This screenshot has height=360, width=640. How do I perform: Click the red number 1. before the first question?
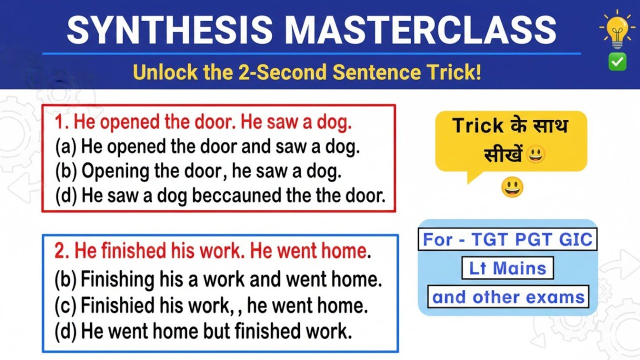tap(63, 122)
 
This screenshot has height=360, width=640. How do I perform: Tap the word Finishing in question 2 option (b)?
tap(116, 279)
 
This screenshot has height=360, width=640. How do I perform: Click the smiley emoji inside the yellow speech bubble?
tap(535, 155)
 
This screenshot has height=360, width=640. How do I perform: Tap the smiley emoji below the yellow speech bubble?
tap(512, 187)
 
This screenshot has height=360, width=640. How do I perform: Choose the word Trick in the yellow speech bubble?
tap(477, 126)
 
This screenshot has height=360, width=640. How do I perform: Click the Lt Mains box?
tap(507, 268)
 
